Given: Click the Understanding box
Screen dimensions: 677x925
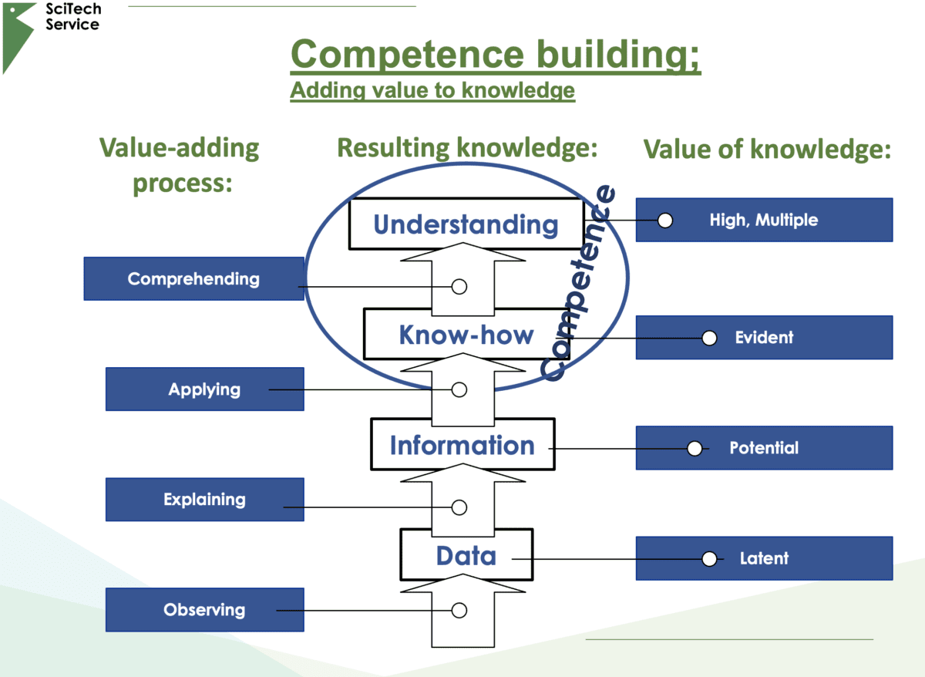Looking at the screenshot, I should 466,224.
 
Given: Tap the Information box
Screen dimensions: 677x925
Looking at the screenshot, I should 462,445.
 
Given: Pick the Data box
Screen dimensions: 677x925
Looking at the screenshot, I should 466,555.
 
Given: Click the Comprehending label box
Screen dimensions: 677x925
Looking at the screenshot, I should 193,278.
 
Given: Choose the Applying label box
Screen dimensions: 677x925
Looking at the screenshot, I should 204,389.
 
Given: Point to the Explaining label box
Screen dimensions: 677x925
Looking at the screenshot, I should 204,500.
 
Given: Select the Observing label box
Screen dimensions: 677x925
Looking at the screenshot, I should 204,610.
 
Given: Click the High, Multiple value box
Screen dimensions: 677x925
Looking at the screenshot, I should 764,220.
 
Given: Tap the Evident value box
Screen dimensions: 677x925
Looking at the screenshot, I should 764,338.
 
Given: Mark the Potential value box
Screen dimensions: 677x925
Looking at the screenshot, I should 764,448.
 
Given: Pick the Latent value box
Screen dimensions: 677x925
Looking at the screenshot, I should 764,558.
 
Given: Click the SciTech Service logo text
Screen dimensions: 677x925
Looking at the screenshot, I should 72,17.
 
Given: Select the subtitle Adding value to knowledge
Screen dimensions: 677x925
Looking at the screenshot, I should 432,90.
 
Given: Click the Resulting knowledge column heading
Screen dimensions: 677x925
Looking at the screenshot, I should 468,148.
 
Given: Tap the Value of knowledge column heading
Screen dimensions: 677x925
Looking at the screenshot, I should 767,150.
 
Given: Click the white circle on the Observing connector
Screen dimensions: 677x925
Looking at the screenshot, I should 459,611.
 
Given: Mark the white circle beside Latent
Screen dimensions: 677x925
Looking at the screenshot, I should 709,558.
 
